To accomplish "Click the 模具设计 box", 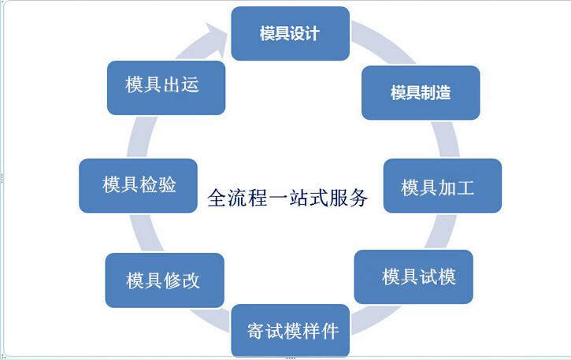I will click(x=290, y=34).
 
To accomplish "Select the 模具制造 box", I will click(x=421, y=93).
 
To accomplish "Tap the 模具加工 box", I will click(x=442, y=186).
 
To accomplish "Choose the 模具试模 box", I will click(x=413, y=276).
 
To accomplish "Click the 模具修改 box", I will click(x=163, y=280).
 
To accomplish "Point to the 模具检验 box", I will click(x=138, y=185).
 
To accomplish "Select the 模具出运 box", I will click(x=166, y=85).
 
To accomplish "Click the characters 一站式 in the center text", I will click(x=298, y=197).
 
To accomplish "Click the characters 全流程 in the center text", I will click(x=236, y=197).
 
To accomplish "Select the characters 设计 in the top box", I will click(x=305, y=35).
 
